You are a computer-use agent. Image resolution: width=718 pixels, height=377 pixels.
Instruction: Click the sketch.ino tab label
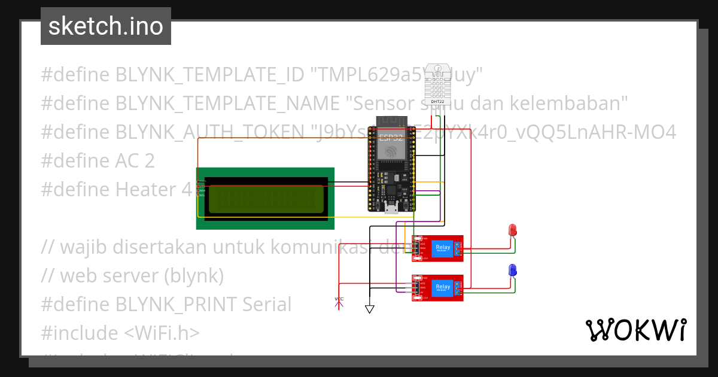pos(106,26)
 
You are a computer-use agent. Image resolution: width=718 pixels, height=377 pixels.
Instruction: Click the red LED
pos(512,230)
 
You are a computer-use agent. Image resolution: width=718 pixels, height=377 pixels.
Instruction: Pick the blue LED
pos(512,270)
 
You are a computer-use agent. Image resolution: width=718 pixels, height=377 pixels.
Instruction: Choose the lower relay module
pos(438,288)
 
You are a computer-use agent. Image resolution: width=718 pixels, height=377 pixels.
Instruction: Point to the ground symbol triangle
pos(370,309)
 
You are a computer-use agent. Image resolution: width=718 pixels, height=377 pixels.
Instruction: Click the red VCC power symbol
pos(339,302)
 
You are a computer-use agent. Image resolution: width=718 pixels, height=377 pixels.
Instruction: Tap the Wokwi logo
pos(636,330)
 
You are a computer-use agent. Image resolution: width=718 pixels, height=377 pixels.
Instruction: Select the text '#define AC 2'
pos(98,161)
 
